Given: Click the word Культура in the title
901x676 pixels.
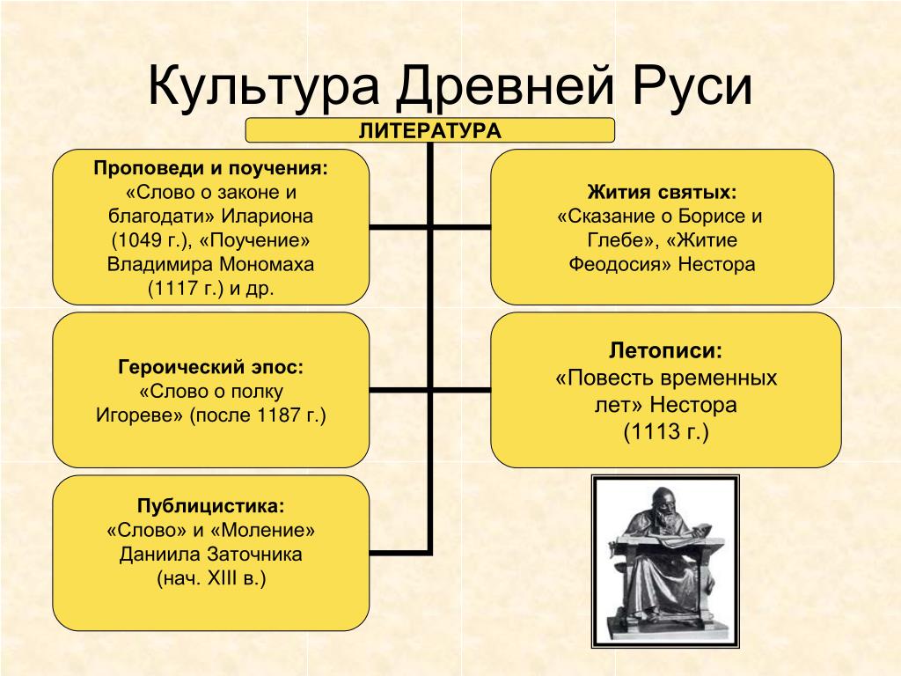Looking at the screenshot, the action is point(264,87).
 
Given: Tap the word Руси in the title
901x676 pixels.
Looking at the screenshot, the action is point(692,87).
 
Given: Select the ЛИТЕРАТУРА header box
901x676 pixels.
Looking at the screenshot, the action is point(429,130).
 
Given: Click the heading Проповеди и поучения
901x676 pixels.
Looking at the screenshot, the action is point(211,168).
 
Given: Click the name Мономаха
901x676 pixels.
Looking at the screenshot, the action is point(267,264).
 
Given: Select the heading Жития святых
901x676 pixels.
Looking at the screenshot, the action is point(662,192).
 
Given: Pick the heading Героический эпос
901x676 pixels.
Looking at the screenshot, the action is point(211,367).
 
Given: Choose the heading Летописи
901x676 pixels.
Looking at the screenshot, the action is point(666,350).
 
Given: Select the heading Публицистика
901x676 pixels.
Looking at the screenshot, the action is point(211,506).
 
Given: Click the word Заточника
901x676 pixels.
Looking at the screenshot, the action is point(254,555).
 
